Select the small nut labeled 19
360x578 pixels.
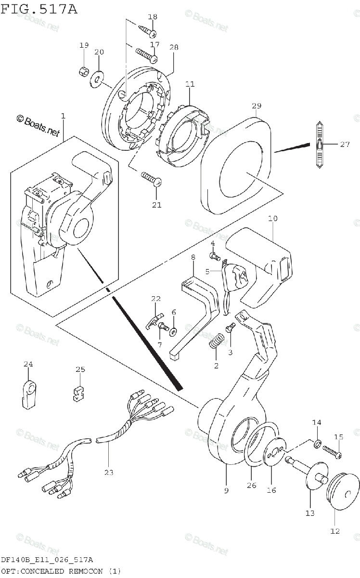pyautogui.click(x=82, y=71)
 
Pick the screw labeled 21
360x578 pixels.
pyautogui.click(x=151, y=180)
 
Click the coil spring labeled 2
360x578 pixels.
pyautogui.click(x=217, y=343)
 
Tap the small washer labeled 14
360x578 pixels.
pyautogui.click(x=317, y=443)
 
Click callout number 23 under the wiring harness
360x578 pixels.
pyautogui.click(x=109, y=473)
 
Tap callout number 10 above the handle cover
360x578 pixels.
pyautogui.click(x=273, y=218)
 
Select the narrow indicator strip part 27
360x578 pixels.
pyautogui.click(x=319, y=144)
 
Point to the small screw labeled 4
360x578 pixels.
pyautogui.click(x=214, y=254)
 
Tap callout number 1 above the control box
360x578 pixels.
pyautogui.click(x=63, y=116)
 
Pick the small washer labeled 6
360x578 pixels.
pyautogui.click(x=173, y=330)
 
